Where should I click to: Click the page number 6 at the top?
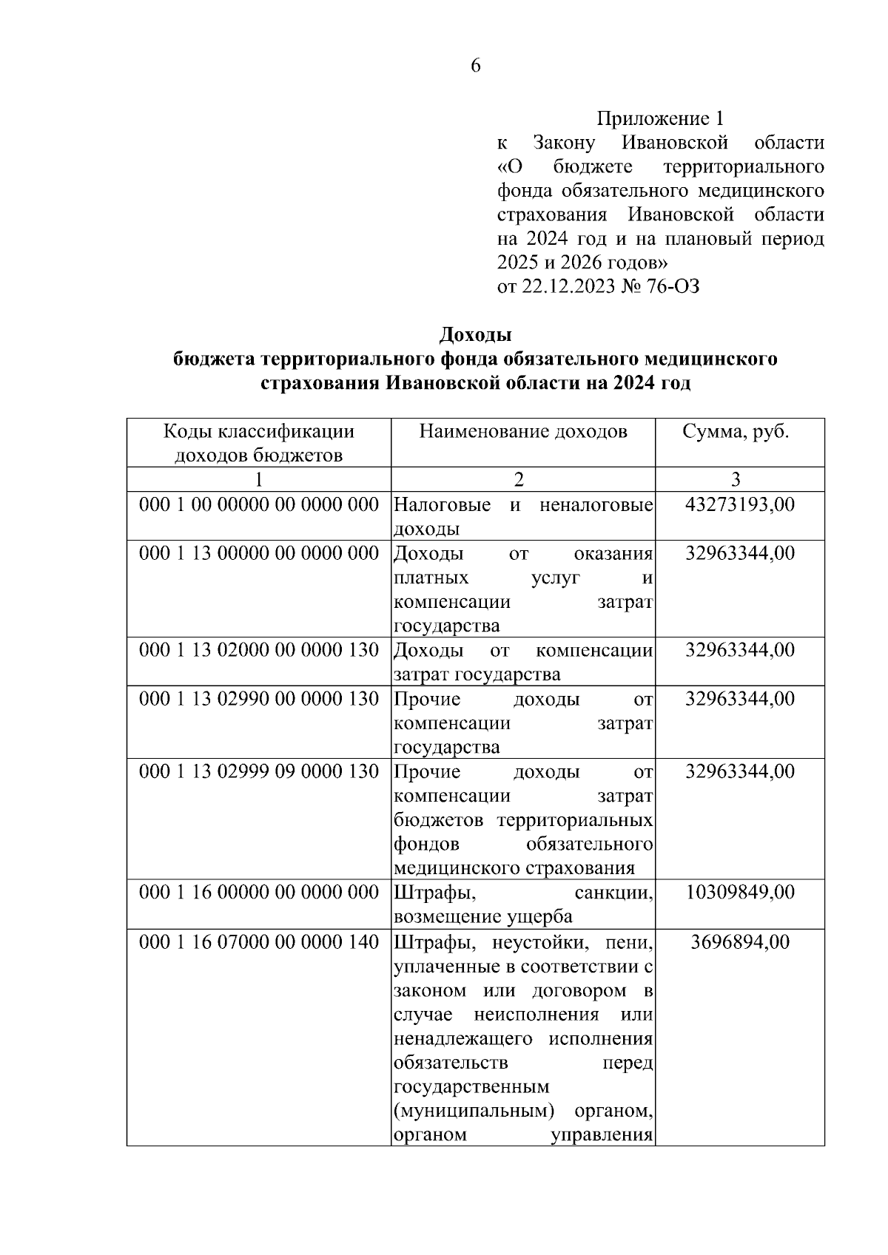pyautogui.click(x=475, y=66)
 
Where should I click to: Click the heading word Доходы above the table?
pyautogui.click(x=475, y=335)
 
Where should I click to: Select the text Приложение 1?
pyautogui.click(x=660, y=118)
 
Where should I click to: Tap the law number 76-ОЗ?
pyautogui.click(x=673, y=287)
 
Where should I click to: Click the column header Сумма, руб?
pyautogui.click(x=736, y=432)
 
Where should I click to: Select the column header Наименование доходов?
pyautogui.click(x=523, y=432)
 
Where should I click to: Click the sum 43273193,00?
pyautogui.click(x=740, y=505)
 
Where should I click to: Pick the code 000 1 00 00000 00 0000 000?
pyautogui.click(x=259, y=505)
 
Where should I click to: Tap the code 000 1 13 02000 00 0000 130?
pyautogui.click(x=259, y=650)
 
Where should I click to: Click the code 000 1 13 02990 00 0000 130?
pyautogui.click(x=259, y=699)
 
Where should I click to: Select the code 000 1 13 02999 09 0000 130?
pyautogui.click(x=259, y=771)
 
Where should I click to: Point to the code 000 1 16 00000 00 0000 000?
pyautogui.click(x=259, y=893)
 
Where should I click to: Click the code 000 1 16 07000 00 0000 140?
pyautogui.click(x=259, y=942)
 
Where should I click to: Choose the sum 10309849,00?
pyautogui.click(x=740, y=893)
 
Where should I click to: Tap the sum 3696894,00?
pyautogui.click(x=740, y=942)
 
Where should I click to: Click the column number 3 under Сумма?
pyautogui.click(x=736, y=480)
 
